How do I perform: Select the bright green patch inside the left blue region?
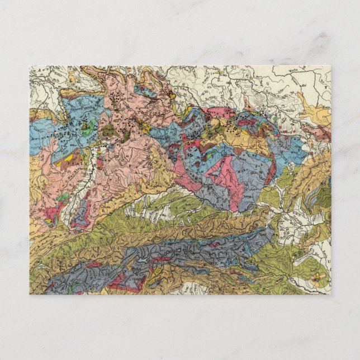tap(85, 132)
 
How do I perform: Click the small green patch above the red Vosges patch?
tap(63, 197)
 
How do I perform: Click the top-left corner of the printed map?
tap(30, 66)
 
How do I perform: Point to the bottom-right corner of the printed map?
tap(330, 294)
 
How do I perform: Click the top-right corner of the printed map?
tap(330, 66)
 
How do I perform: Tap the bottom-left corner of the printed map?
tap(30, 294)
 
